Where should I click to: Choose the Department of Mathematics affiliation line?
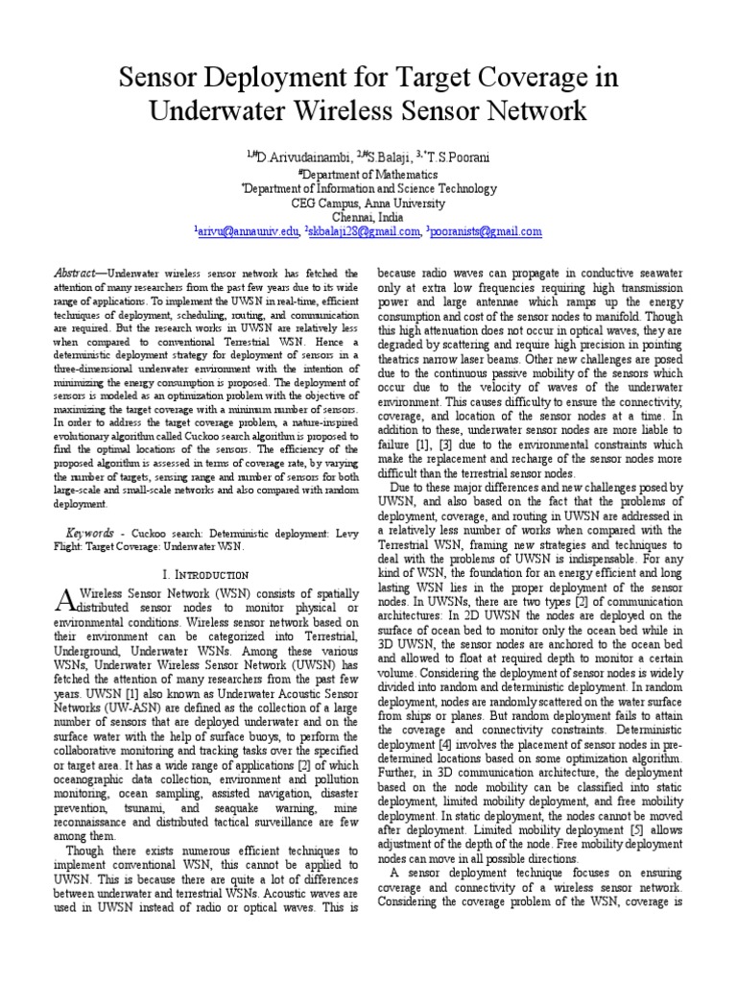coord(368,175)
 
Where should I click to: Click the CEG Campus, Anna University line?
coord(368,204)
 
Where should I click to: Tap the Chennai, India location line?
coord(368,218)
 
